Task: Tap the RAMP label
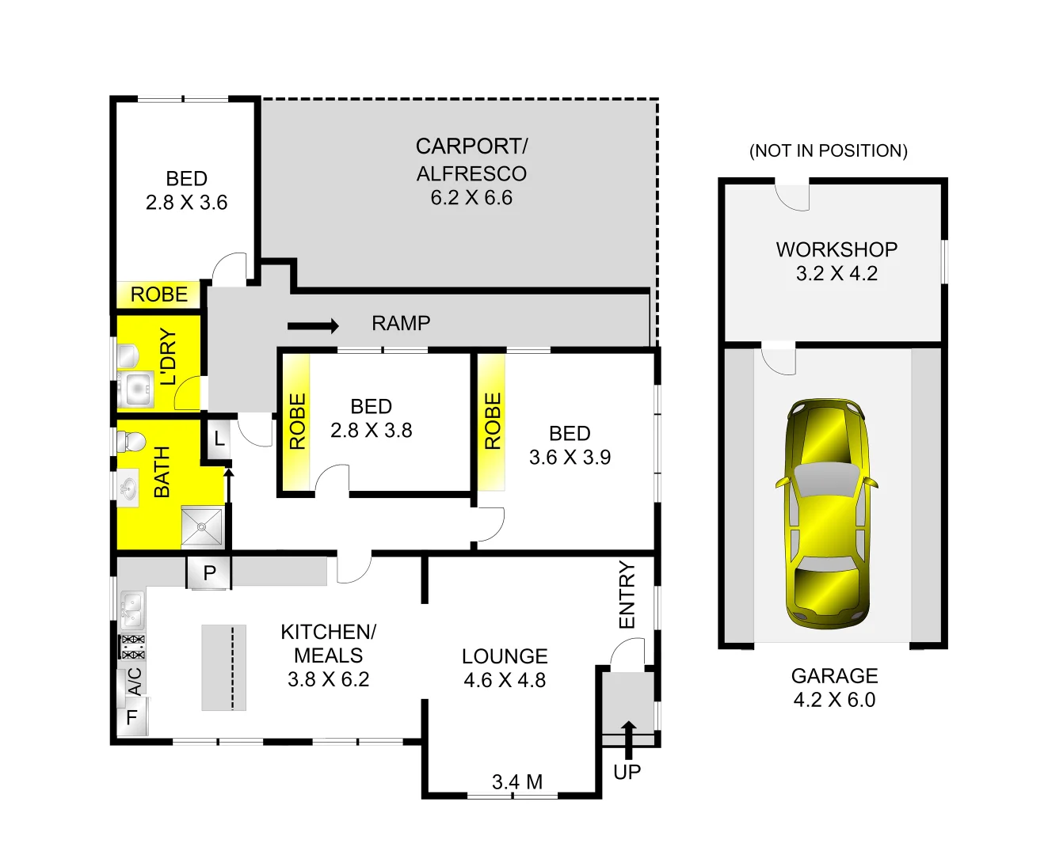click(x=401, y=323)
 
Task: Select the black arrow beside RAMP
click(x=313, y=325)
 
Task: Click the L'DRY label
click(x=168, y=357)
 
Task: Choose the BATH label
click(x=162, y=472)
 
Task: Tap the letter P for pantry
click(x=210, y=573)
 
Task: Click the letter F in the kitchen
click(x=132, y=717)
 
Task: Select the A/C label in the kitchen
click(x=135, y=681)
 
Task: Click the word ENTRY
click(x=627, y=595)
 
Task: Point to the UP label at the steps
click(x=627, y=772)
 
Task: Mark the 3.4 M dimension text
click(x=517, y=782)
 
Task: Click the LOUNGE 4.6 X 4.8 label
click(x=505, y=668)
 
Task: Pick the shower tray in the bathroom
click(x=202, y=526)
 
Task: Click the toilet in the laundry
click(x=127, y=356)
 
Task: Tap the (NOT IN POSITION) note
click(x=829, y=150)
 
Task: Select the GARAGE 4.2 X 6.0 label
click(x=834, y=687)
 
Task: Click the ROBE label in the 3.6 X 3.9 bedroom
click(x=493, y=421)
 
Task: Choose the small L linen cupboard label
click(x=219, y=439)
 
